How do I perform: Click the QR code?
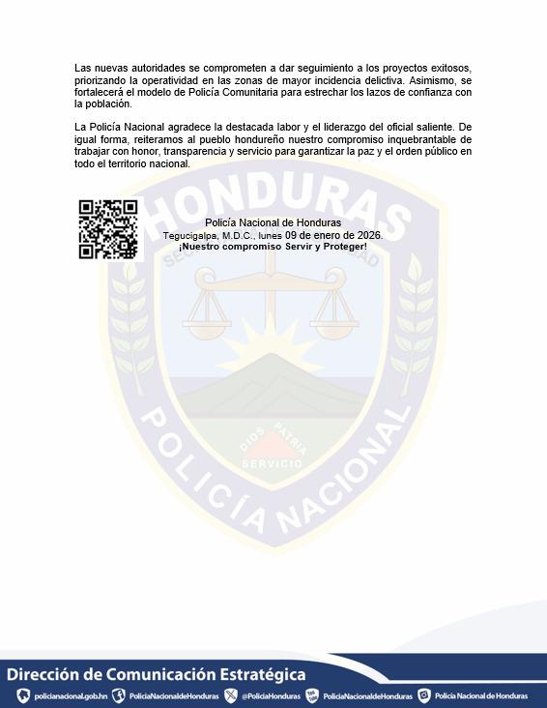[x=107, y=229]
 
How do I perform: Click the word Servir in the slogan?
[x=284, y=247]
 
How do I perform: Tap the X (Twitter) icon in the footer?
[x=231, y=695]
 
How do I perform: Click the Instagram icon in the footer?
[x=423, y=695]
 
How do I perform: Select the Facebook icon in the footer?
[x=119, y=695]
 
